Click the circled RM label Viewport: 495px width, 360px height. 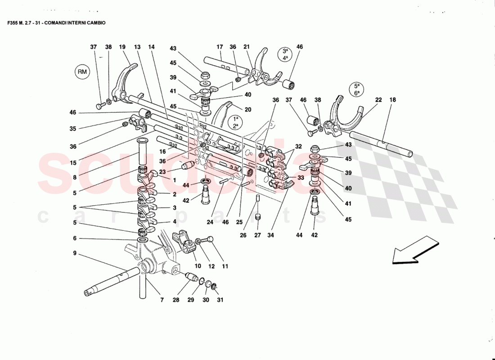82,71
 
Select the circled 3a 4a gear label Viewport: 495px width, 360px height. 284,54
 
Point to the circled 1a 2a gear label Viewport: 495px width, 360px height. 235,122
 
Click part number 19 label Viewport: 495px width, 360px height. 122,47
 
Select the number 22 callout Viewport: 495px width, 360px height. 378,100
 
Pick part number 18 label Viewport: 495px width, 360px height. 393,100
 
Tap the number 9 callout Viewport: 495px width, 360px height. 75,253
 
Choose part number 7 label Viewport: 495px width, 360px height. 162,300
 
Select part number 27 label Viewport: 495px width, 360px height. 257,235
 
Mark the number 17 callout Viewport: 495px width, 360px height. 220,47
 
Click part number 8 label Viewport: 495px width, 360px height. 75,178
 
